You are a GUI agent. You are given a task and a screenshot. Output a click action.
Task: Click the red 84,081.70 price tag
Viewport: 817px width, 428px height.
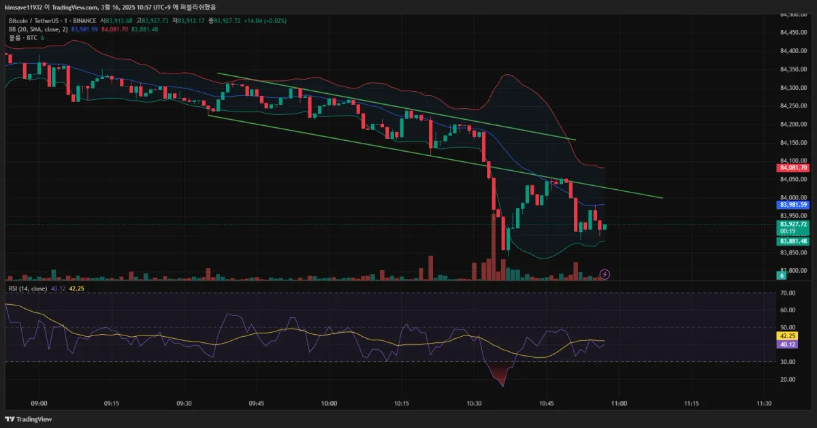793,168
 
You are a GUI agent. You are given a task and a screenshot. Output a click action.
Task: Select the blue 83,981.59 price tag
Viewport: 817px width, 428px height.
793,205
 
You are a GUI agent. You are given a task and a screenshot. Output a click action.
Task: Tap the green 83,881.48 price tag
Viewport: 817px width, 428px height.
793,241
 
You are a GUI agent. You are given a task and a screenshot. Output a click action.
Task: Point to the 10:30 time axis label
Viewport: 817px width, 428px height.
474,404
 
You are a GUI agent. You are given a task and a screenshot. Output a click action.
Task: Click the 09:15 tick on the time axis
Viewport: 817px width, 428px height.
112,404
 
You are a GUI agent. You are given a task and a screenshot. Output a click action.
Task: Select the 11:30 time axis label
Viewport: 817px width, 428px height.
764,404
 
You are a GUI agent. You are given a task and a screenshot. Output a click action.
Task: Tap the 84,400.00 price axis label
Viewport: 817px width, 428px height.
793,51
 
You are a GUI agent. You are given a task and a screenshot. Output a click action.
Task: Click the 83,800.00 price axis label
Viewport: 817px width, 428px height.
793,271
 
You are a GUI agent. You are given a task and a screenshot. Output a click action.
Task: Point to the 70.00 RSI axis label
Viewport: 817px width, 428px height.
788,293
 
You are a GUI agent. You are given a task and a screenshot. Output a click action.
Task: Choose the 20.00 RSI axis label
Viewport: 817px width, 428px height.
788,380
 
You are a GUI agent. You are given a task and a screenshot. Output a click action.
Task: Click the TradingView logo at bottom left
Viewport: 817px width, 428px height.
25,419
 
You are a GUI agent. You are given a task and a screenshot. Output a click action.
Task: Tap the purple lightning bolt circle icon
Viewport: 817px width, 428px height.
605,274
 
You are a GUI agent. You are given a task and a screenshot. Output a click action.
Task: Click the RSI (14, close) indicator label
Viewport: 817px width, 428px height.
27,289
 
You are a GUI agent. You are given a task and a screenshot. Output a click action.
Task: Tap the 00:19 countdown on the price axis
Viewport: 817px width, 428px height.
788,231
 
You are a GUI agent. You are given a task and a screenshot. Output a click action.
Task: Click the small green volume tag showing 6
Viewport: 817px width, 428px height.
782,275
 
